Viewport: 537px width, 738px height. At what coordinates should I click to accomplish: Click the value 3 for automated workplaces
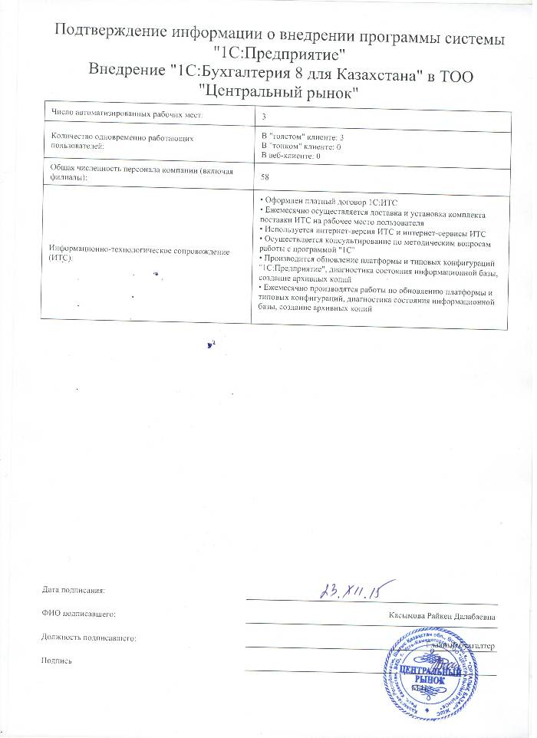(264, 115)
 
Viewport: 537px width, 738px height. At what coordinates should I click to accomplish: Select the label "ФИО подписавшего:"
(79, 614)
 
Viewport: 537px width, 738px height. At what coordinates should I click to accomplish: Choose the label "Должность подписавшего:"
(89, 638)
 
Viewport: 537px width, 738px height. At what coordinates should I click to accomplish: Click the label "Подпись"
(56, 661)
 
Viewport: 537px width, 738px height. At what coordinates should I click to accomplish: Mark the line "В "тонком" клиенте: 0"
(301, 145)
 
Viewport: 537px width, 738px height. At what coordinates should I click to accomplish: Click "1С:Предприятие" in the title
(278, 54)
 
